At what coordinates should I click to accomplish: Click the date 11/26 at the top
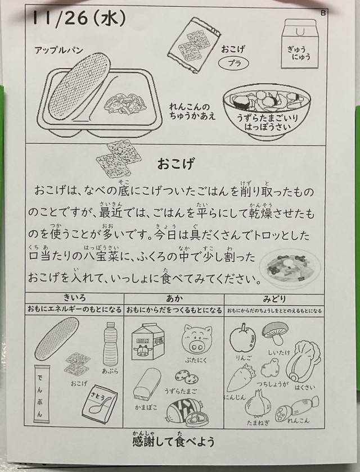tap(60, 19)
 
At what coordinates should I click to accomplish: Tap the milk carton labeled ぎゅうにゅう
tap(299, 44)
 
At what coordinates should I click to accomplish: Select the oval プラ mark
tap(234, 63)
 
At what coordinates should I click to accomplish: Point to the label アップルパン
tap(58, 50)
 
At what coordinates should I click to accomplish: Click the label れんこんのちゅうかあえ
tap(192, 111)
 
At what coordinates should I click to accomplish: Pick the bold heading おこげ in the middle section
tap(175, 164)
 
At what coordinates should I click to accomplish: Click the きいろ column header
tap(74, 298)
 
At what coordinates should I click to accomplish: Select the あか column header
tap(174, 298)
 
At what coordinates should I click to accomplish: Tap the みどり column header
tap(274, 298)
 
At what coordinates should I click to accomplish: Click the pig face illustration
tap(197, 339)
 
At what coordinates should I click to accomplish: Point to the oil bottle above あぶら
tap(110, 344)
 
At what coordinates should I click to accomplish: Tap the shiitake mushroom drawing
tap(275, 333)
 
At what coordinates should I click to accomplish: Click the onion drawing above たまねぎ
tap(258, 403)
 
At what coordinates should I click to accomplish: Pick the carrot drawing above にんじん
tap(240, 378)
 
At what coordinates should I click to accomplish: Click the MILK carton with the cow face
tap(147, 342)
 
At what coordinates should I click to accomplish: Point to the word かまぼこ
tap(146, 407)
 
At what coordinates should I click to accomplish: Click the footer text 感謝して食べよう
tap(173, 442)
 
